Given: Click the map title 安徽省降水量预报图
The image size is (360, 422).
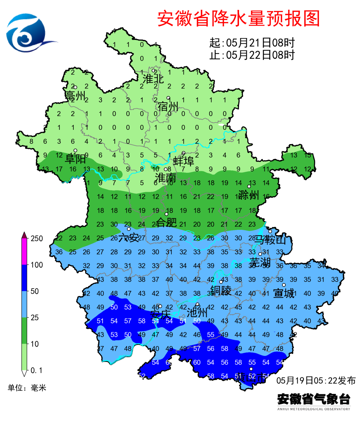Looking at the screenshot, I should pos(238,19).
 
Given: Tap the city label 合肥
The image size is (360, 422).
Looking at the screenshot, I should pos(167,222).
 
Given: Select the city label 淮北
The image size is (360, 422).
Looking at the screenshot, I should pos(153,79).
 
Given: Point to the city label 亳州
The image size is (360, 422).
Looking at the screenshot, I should pos(75,96).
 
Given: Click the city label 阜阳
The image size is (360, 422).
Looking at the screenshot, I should pos(75,159).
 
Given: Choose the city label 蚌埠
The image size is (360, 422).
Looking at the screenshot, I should pos(184,161).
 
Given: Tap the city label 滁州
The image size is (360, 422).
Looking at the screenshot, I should pos(249,194).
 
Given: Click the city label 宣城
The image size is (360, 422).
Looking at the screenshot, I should pos(284,293).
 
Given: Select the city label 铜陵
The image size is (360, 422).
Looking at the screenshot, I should pos(221,291).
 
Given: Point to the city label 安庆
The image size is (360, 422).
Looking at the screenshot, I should pos(160,315).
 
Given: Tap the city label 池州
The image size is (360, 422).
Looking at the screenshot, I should pos(197,313).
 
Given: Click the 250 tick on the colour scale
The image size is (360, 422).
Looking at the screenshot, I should pos(37,239).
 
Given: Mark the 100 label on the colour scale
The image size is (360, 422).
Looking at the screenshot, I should pos(37,265).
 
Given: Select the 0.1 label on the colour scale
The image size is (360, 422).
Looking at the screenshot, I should pos(37,370).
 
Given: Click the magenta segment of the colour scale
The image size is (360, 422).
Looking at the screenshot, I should pos(24,252).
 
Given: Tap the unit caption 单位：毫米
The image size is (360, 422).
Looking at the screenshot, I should pos(27,388).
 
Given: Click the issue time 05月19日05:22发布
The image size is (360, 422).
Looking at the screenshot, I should pos(316,380).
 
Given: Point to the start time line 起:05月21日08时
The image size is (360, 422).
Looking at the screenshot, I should pos(252,43).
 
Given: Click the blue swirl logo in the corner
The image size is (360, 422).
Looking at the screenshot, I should pos(28,33).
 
